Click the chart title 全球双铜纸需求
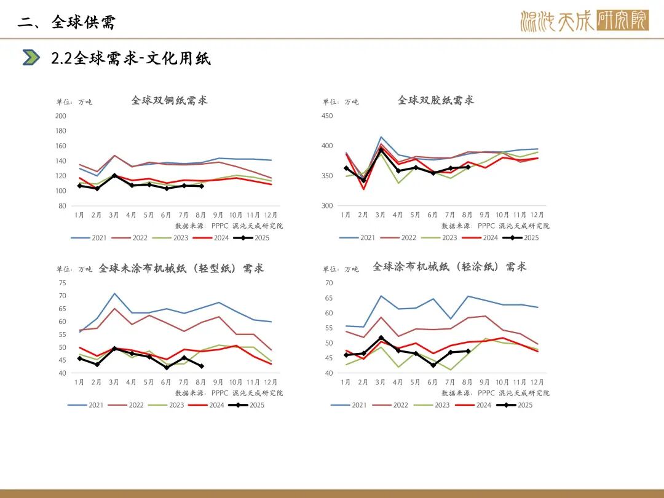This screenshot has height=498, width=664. (x=169, y=100)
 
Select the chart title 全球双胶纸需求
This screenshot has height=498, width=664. (x=435, y=100)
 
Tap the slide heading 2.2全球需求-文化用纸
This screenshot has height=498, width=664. (x=130, y=58)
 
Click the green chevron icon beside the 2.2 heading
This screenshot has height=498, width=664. (x=31, y=58)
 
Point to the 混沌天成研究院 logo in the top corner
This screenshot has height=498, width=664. (x=583, y=21)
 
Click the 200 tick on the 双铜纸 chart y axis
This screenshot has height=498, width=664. (x=61, y=116)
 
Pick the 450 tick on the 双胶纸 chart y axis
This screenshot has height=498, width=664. (x=327, y=116)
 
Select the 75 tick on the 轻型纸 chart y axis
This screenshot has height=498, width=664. (x=62, y=283)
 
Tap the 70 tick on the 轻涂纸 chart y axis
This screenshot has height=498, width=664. (x=328, y=283)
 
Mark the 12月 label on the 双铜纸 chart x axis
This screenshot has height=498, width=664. (x=271, y=215)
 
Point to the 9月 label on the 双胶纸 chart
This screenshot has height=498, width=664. (x=484, y=215)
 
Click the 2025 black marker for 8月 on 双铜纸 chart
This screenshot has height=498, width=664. (x=201, y=186)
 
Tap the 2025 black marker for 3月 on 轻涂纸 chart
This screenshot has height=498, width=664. (x=381, y=338)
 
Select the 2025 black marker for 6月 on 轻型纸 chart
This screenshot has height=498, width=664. (x=166, y=368)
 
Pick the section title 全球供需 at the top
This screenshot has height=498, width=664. (x=84, y=22)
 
